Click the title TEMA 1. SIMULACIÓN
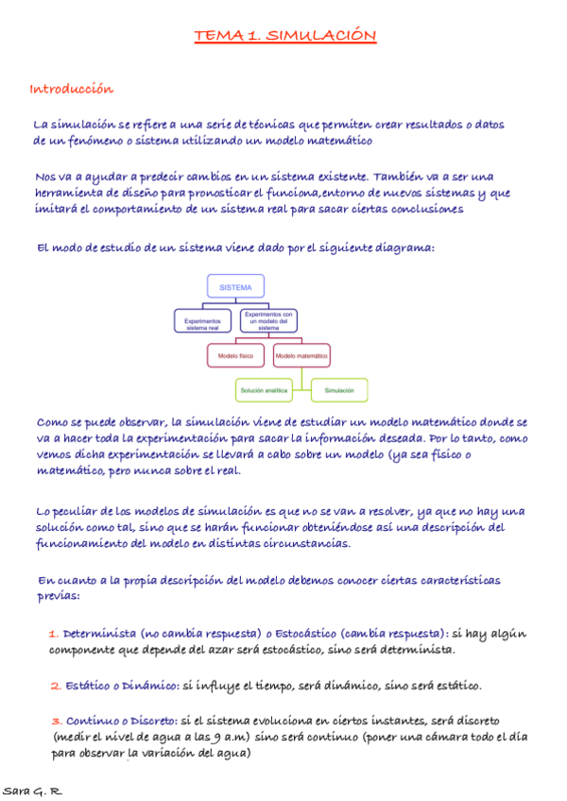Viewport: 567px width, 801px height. [x=285, y=37]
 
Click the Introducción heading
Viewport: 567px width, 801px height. [x=72, y=90]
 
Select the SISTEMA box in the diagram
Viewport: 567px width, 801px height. [x=235, y=286]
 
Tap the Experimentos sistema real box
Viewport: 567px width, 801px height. [x=202, y=323]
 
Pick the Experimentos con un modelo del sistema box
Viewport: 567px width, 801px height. [x=269, y=320]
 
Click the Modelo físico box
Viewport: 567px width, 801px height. [x=236, y=356]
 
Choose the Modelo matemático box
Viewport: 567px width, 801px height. [x=301, y=356]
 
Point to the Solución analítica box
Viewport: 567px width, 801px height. [x=264, y=390]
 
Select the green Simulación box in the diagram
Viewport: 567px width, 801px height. [x=339, y=390]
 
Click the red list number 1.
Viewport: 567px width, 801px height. [x=54, y=634]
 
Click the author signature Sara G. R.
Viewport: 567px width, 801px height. [x=33, y=790]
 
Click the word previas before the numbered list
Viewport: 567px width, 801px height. [x=59, y=597]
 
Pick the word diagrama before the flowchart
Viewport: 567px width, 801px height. [x=405, y=247]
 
